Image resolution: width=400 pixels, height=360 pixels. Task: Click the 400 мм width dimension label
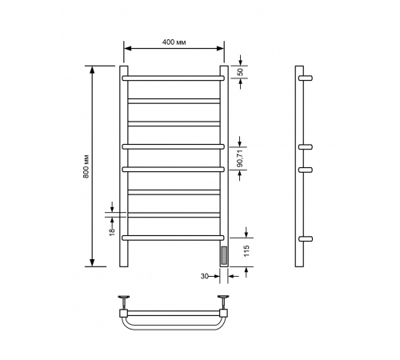[x=174, y=42]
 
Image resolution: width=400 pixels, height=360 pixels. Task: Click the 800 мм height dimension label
[x=86, y=166]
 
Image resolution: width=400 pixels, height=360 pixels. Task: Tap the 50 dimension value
[x=240, y=72]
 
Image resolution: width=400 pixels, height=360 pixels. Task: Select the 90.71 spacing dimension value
[x=240, y=158]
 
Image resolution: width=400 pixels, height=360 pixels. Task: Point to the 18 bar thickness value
[x=112, y=231]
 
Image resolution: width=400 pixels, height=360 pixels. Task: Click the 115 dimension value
[x=246, y=251]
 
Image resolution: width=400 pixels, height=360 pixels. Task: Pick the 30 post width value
[x=204, y=276]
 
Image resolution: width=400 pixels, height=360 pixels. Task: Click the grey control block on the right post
[x=224, y=255]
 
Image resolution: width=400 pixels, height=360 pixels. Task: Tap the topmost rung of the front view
[x=173, y=78]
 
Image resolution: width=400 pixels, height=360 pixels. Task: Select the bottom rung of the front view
[x=173, y=238]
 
